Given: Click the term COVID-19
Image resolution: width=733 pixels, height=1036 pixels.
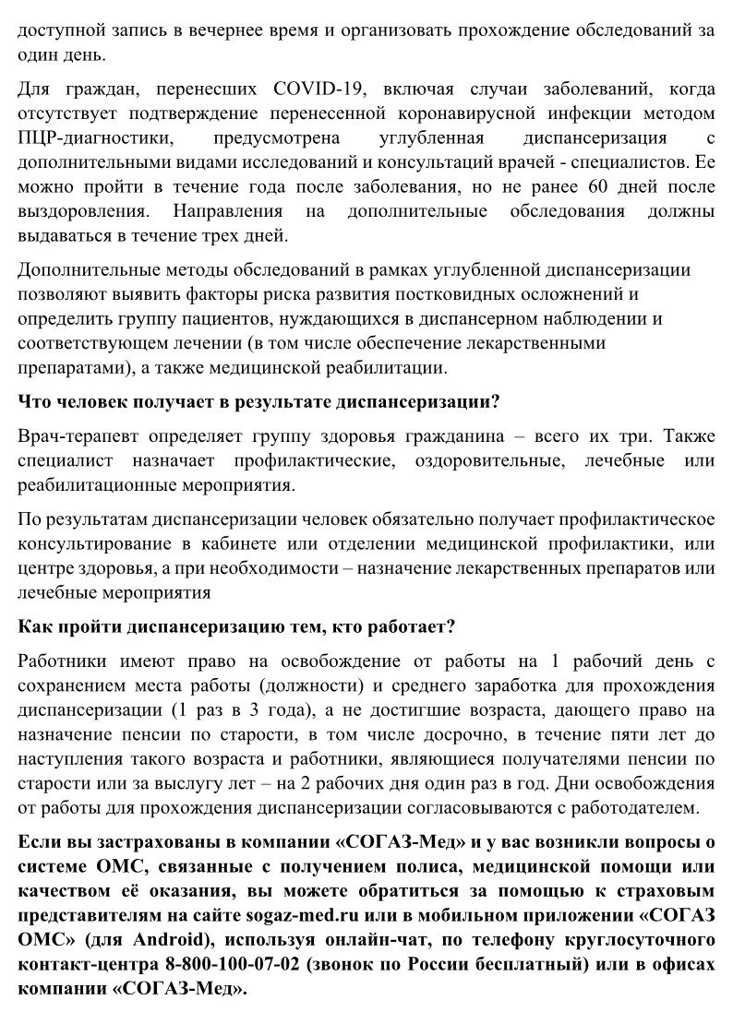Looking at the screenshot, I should tap(319, 91).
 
